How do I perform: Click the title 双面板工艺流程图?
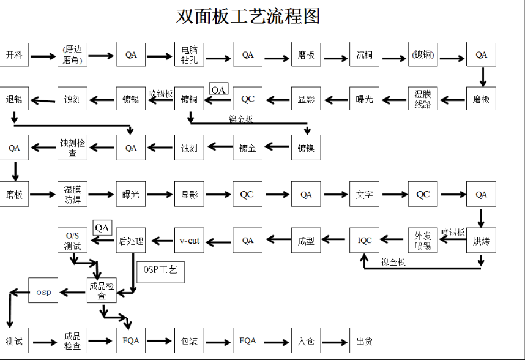(x=248, y=17)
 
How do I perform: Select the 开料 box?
(x=14, y=55)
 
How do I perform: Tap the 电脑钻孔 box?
(x=189, y=55)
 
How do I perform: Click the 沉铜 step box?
(x=364, y=55)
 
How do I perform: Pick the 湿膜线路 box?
(x=423, y=99)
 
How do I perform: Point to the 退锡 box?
(x=14, y=99)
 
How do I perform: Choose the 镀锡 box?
(x=131, y=99)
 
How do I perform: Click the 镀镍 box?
(x=306, y=148)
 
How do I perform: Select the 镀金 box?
(x=247, y=148)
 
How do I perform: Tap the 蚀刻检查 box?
(x=73, y=148)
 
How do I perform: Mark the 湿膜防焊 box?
(x=73, y=195)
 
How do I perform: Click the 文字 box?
(x=364, y=195)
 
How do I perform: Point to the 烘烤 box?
(x=481, y=241)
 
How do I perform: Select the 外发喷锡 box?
(x=423, y=241)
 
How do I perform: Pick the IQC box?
(x=365, y=241)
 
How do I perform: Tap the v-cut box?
(x=189, y=241)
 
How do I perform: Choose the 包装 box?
(x=189, y=341)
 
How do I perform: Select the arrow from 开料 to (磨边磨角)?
(x=42, y=56)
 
